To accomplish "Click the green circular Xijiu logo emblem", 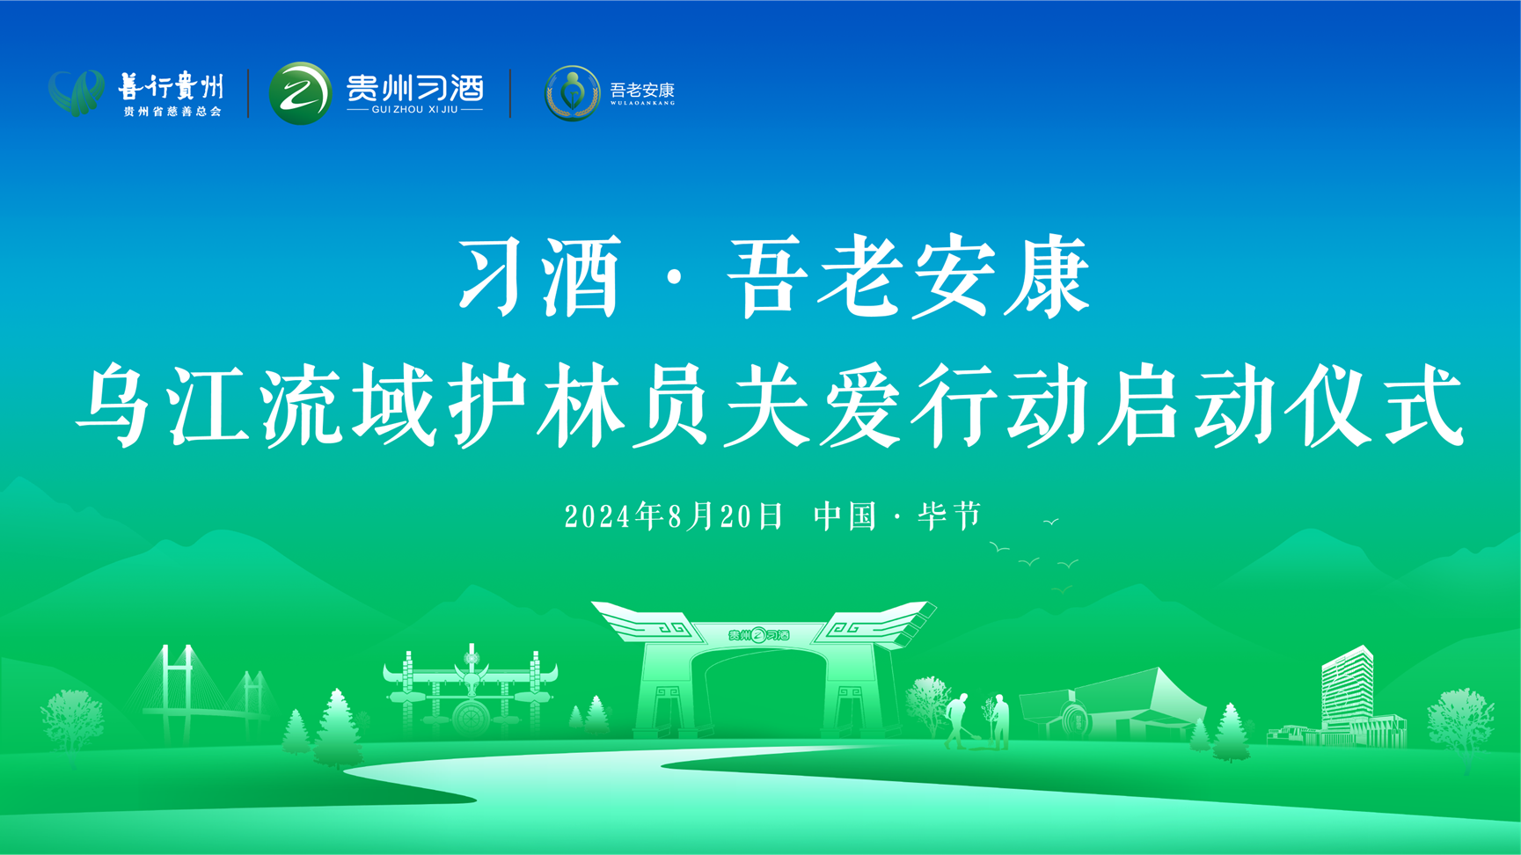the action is (300, 93).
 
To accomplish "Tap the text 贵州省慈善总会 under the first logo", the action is (172, 112).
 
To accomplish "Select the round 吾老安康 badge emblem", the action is (572, 92).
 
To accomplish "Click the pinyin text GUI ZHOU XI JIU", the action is (415, 110).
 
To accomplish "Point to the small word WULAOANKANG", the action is (642, 103).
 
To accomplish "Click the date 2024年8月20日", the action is (673, 516).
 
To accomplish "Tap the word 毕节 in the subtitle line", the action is (949, 516).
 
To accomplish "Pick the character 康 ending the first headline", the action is (1049, 275).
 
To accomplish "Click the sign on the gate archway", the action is (759, 635).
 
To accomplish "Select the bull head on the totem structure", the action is (472, 680).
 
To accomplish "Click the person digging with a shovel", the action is (956, 720).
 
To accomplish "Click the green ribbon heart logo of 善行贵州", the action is (77, 92).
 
